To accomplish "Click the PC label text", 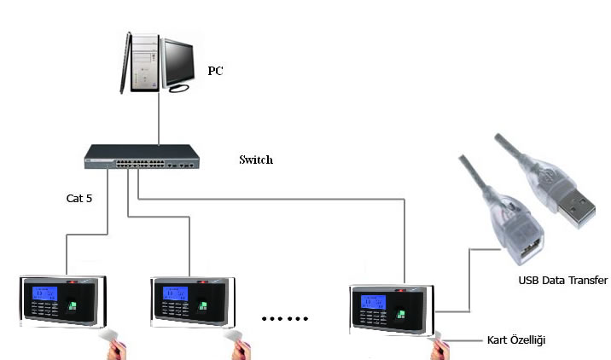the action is click(x=215, y=71).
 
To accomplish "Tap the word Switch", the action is click(x=256, y=160).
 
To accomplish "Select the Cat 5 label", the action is click(x=79, y=198).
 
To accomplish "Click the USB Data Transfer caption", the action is click(x=562, y=280).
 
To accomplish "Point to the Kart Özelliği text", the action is click(x=516, y=340).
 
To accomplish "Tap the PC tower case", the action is click(x=144, y=63).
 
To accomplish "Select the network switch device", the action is click(x=142, y=157).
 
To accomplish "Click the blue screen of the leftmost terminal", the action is click(x=45, y=293).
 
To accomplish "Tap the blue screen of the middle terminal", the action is click(x=175, y=293).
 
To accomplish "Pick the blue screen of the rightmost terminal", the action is click(x=373, y=302).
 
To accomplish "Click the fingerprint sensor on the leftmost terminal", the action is click(x=72, y=306).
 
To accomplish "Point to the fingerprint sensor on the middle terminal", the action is click(x=202, y=306).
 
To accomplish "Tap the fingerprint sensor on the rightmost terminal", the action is click(x=400, y=314).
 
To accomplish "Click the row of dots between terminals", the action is click(x=285, y=319).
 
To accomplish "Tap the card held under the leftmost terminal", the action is click(x=110, y=335).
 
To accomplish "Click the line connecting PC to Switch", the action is click(x=159, y=119).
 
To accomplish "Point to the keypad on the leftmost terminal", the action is click(x=45, y=308).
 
